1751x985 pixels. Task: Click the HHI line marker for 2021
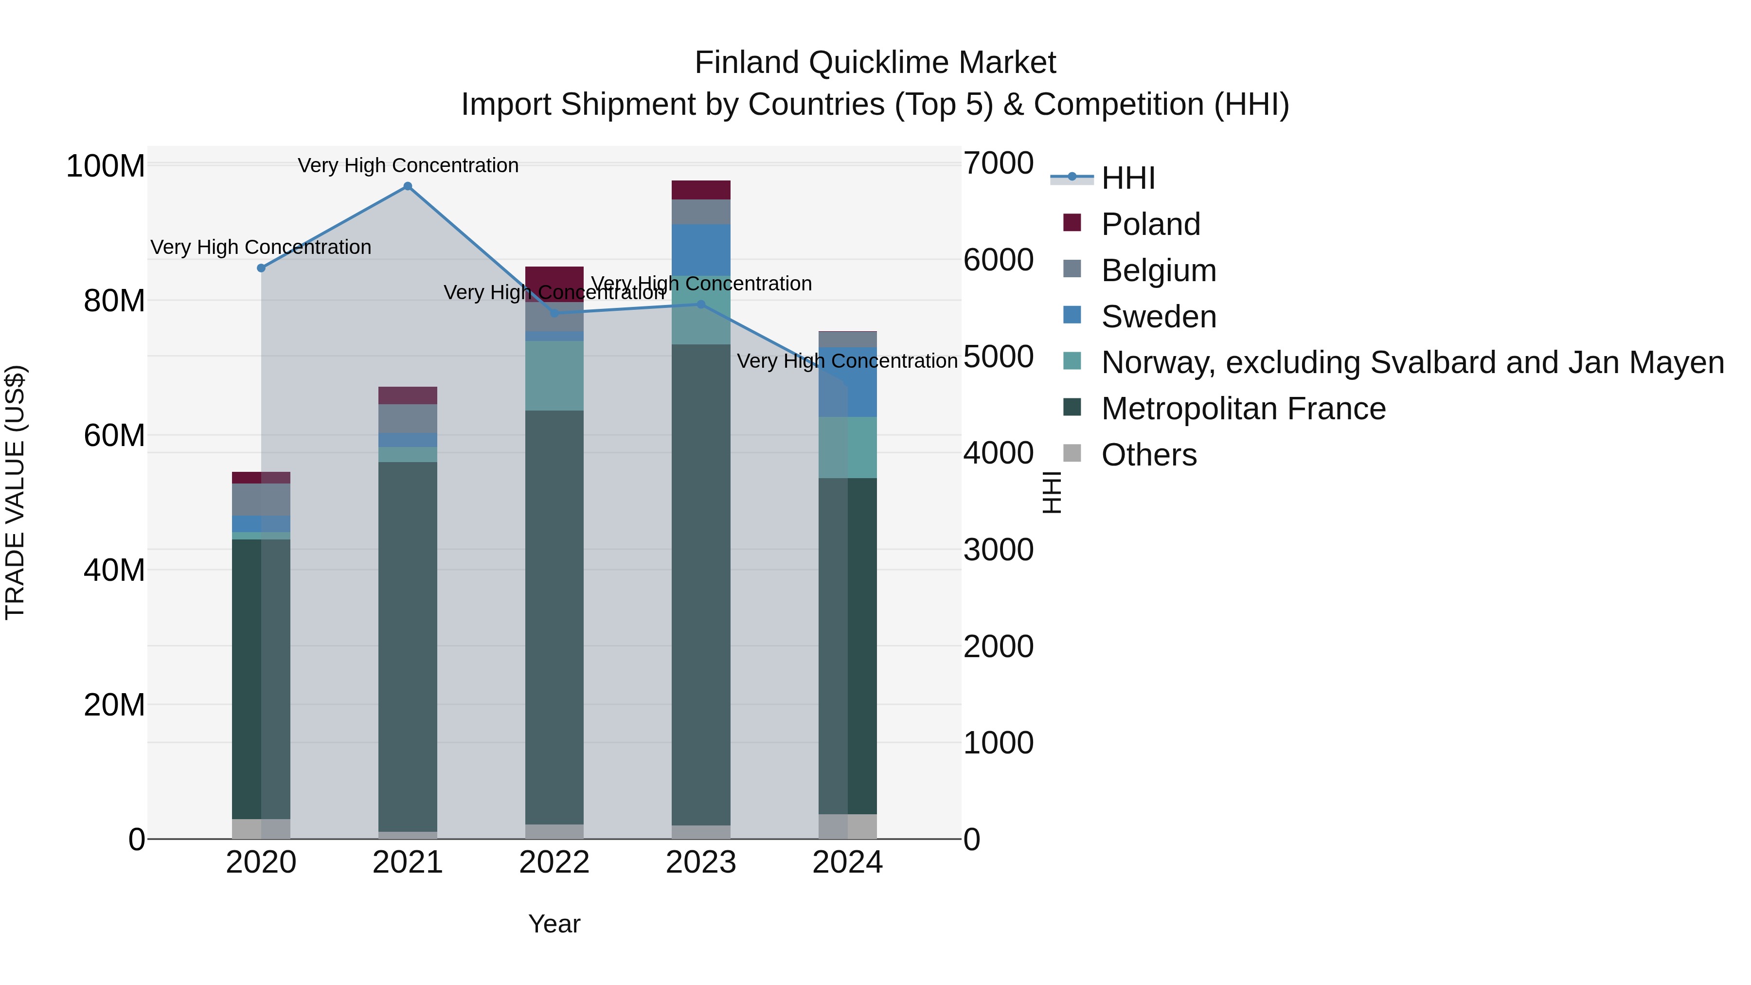pos(408,186)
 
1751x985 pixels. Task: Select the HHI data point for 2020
pos(261,268)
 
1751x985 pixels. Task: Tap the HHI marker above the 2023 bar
pos(701,304)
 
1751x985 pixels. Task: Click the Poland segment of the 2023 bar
pos(701,190)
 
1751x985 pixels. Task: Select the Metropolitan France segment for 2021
pos(408,646)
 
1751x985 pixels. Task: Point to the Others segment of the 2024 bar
pos(848,826)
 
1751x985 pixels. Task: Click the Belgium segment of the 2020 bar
pos(261,500)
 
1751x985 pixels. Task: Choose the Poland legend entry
pos(1150,224)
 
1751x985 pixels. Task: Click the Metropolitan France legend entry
pos(1243,409)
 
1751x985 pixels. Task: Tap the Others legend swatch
pos(1072,453)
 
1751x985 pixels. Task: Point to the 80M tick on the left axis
pos(114,301)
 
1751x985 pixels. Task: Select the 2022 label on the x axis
pos(554,862)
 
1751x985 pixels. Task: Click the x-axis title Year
pos(554,924)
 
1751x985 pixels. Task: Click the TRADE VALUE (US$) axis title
pos(15,492)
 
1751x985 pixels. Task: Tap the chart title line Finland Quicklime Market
pos(875,63)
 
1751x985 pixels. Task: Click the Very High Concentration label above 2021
pos(408,165)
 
